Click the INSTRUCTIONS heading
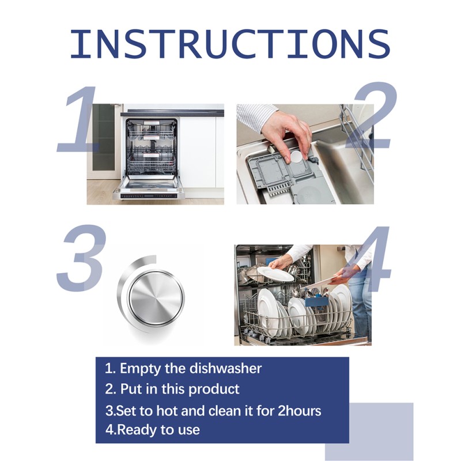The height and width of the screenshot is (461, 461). point(230,43)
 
